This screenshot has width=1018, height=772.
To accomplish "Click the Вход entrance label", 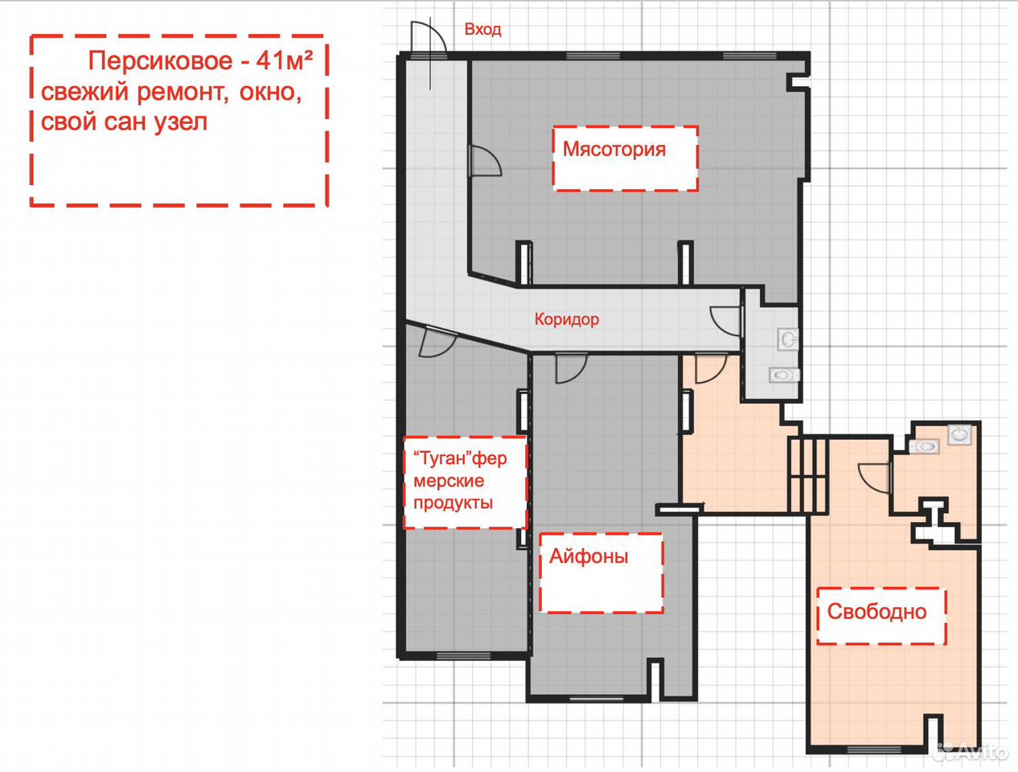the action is [482, 30].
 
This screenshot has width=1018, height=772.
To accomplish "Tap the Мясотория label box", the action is [625, 158].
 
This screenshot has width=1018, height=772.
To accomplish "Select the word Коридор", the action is [567, 319].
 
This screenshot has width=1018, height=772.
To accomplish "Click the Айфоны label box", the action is [601, 573].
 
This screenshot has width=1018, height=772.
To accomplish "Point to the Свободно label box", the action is [881, 616].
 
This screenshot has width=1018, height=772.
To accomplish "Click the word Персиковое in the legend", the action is [161, 61].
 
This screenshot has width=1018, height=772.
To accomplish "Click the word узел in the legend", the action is [180, 122].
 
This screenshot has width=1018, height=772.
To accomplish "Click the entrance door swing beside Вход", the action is [429, 38].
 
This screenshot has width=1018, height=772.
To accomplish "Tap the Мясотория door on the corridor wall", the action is [485, 160].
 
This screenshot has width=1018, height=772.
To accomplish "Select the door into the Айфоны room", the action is [572, 368].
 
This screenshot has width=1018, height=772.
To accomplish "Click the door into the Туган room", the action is [437, 342].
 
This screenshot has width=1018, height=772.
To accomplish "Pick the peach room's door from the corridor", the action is [711, 368].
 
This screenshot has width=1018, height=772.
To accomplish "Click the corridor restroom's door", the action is [727, 321].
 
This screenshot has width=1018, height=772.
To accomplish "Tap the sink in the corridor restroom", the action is [789, 339].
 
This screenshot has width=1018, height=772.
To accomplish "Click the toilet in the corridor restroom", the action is [784, 374].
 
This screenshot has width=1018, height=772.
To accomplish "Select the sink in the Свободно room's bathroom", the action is [959, 434].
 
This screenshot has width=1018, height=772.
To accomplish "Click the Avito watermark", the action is [971, 752].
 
